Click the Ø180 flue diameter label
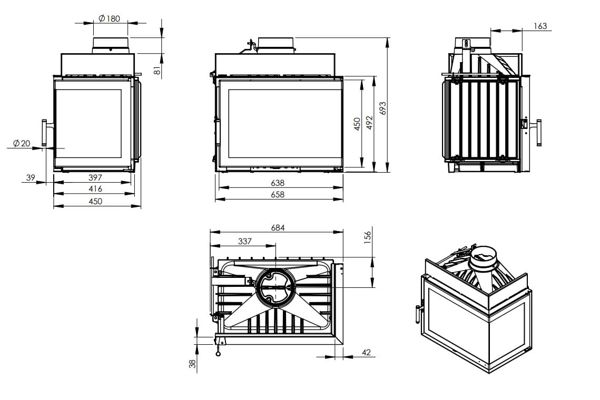point(109,18)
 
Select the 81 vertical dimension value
point(156,69)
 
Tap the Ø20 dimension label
point(22,143)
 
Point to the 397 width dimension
point(95,178)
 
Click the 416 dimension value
point(95,188)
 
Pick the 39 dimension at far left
point(31,178)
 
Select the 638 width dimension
point(278,183)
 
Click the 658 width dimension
point(278,194)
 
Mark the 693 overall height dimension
point(383,108)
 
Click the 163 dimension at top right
point(540,26)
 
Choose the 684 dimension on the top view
point(278,228)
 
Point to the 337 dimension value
point(245,242)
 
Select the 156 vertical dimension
point(368,236)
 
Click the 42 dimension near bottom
point(367,353)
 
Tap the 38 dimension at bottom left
point(192,363)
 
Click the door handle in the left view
point(44,133)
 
